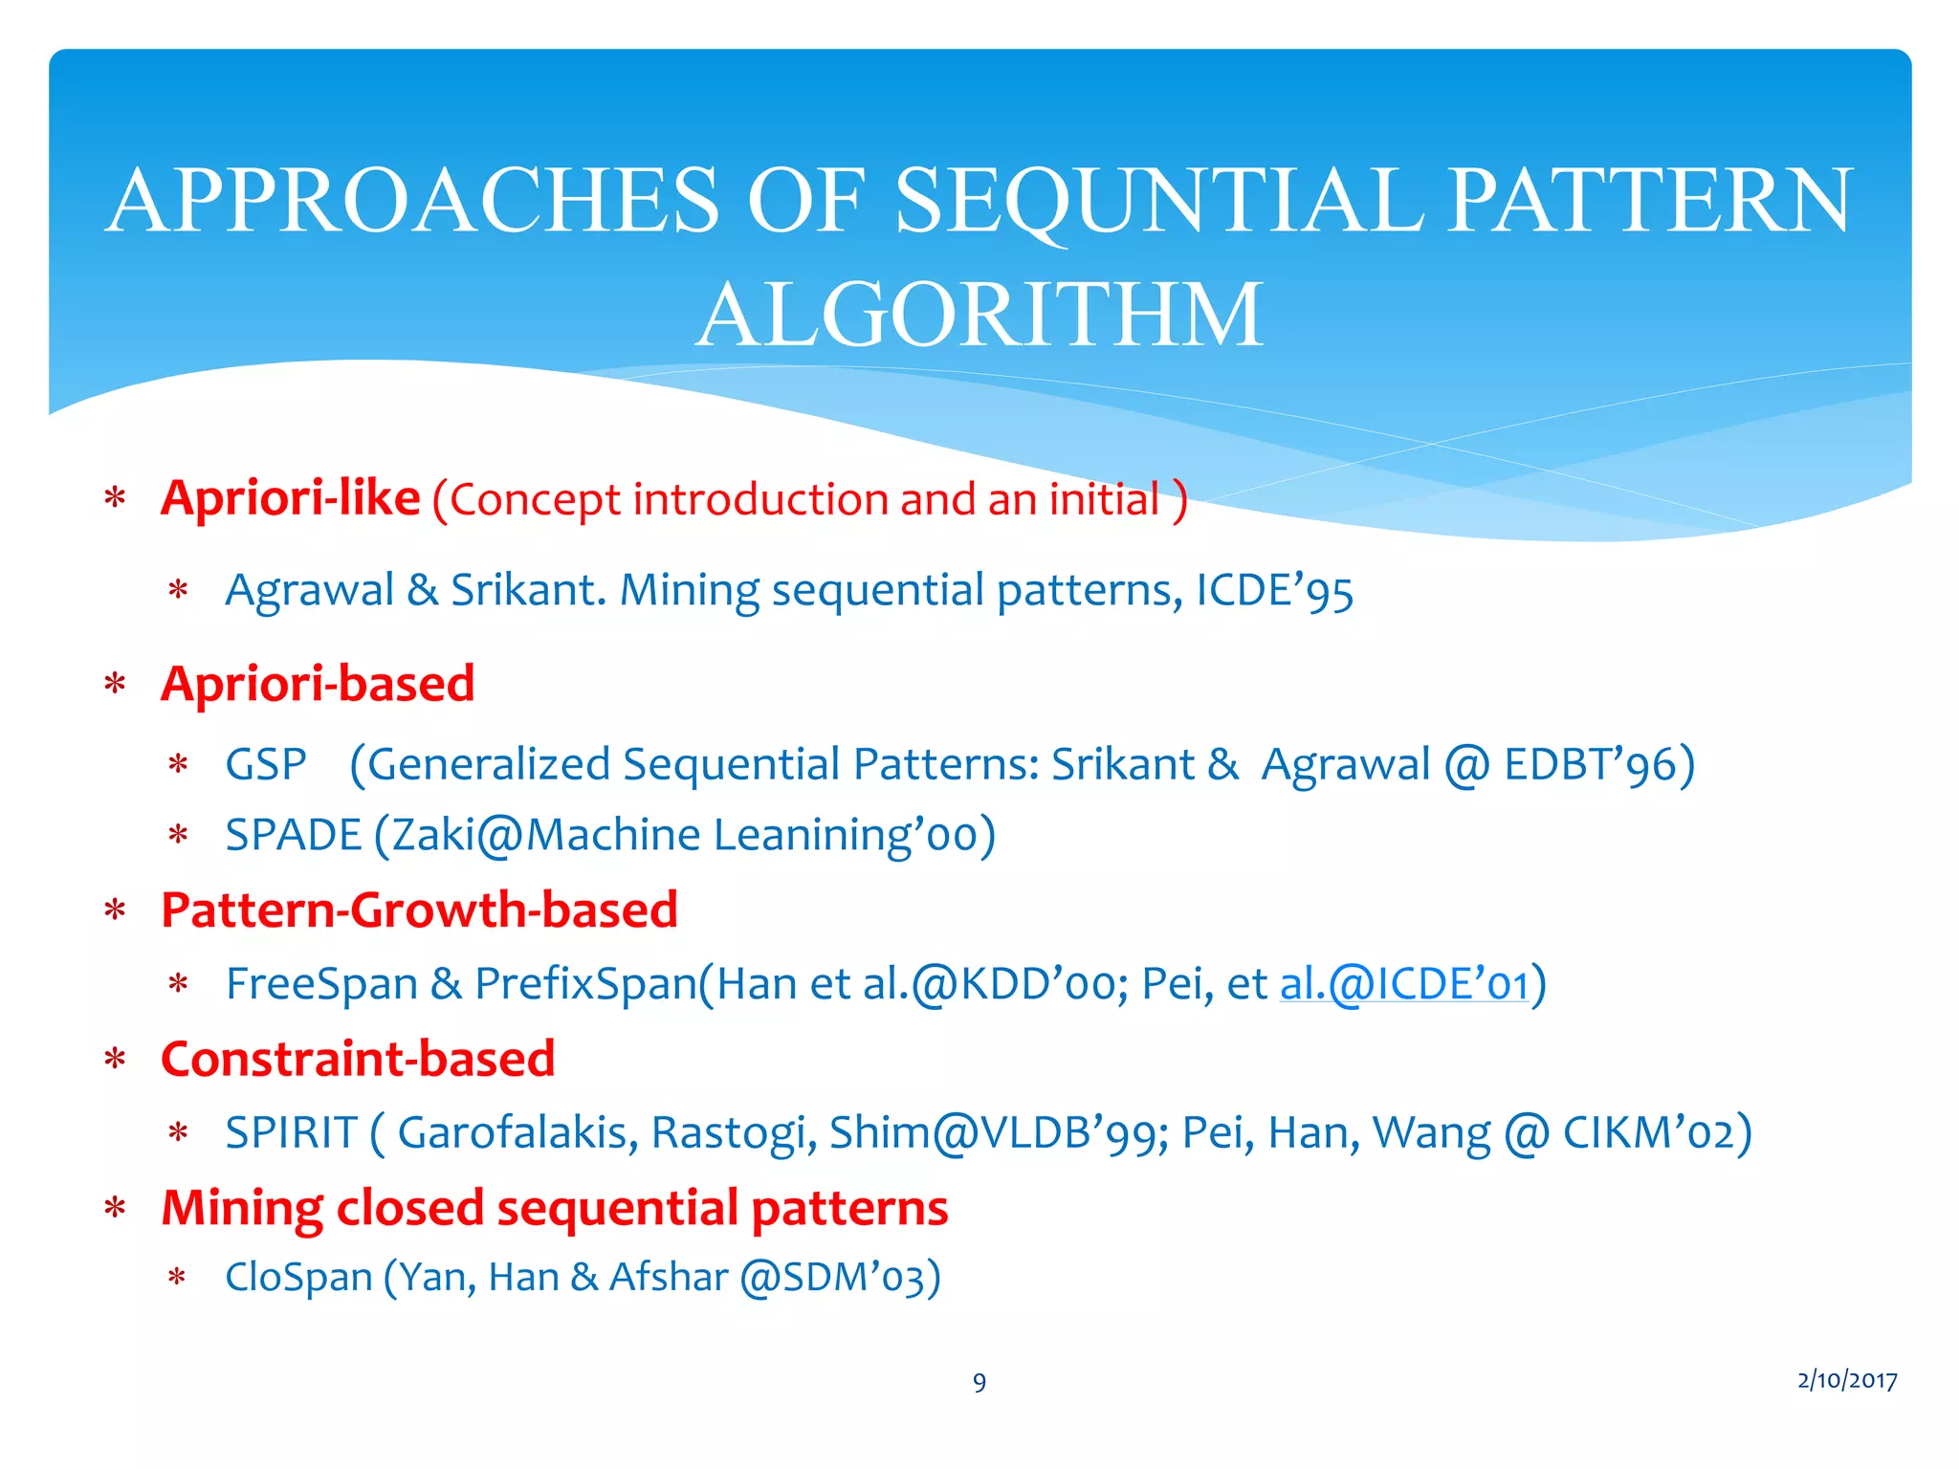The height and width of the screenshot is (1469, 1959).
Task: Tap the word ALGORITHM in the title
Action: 979,316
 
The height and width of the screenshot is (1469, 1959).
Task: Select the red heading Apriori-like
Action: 290,498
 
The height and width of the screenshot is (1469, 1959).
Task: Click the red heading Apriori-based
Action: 318,684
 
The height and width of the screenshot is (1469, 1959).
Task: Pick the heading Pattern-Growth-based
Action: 419,910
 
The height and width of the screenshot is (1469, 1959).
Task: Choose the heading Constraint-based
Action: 358,1059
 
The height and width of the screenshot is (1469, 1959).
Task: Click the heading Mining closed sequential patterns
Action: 554,1208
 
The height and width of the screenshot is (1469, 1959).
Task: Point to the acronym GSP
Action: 266,765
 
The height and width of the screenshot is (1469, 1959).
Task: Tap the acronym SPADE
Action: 293,835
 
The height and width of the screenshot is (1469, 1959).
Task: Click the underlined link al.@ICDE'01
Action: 1404,984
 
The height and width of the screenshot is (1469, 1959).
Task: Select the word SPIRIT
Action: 291,1133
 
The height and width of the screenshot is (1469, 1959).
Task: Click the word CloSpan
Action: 298,1278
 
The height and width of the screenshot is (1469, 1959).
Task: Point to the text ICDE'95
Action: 1274,591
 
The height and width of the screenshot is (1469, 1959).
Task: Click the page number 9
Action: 979,1382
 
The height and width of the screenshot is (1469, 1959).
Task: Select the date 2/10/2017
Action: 1847,1380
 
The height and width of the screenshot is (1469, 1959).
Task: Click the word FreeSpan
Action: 321,984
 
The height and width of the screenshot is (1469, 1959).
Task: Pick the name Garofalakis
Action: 517,1133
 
